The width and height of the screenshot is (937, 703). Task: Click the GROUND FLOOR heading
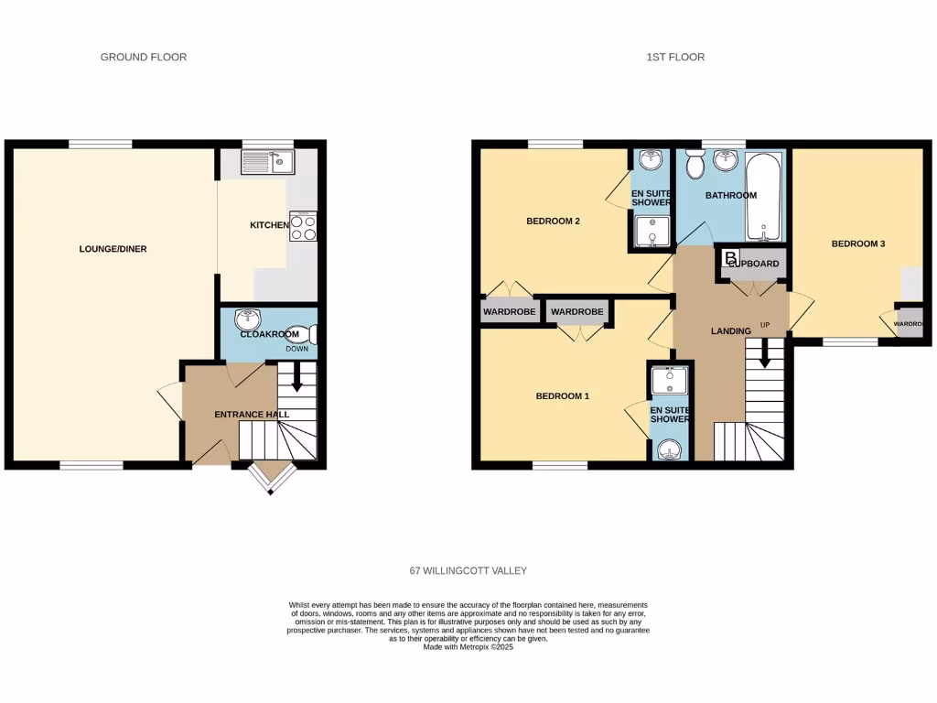coord(143,57)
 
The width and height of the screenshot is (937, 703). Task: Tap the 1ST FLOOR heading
coord(675,57)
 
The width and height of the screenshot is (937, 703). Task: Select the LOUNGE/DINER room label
coord(114,249)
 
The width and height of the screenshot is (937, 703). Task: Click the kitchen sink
coord(267,163)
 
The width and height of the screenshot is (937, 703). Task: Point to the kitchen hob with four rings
coord(303,225)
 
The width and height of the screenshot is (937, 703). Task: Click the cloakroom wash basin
coord(247,319)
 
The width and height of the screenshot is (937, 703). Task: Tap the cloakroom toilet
coord(299,336)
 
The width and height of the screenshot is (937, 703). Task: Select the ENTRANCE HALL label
coord(252,415)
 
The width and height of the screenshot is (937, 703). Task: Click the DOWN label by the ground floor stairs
coord(297,349)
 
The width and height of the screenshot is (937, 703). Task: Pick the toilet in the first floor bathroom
coord(693,166)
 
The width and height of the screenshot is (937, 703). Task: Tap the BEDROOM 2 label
coord(553,222)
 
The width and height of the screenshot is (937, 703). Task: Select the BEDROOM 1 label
coord(562,396)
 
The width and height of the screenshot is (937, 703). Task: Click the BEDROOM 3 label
coord(857,243)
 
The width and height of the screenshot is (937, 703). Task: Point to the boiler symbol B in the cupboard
coord(730,258)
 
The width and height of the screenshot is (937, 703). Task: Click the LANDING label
coord(730,330)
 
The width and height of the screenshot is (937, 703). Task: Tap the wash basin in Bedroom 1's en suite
coord(670,449)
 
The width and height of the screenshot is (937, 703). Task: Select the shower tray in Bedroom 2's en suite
coord(650,233)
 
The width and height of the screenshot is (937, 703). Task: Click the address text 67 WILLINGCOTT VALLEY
coord(468,570)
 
